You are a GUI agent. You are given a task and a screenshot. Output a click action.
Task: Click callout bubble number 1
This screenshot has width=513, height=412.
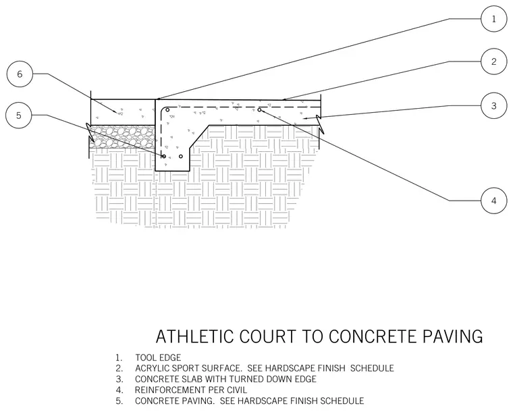pos(494,19)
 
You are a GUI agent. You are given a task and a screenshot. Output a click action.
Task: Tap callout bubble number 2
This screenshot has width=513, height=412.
pos(494,61)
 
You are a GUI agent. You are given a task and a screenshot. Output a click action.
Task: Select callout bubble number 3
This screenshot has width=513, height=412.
pos(494,105)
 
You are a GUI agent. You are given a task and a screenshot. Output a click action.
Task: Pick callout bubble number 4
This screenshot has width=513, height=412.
pos(494,201)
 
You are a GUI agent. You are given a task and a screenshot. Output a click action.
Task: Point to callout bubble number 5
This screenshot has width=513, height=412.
pos(19,115)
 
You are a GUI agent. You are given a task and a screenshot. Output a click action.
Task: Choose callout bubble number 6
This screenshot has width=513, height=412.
pos(20,74)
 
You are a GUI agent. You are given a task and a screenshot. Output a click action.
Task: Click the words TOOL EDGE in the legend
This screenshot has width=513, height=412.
pos(158,358)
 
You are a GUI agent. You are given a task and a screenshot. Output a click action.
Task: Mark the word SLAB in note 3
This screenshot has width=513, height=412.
pos(192,380)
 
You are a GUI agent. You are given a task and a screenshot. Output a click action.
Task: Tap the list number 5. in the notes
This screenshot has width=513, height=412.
pos(119,401)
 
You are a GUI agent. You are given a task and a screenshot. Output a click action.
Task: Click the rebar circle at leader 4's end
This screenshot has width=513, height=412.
pos(259,110)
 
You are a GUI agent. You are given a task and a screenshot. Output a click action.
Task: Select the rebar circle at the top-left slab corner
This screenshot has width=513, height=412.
pos(167,110)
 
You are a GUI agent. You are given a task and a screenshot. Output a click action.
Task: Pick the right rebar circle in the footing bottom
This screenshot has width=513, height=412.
pos(181,157)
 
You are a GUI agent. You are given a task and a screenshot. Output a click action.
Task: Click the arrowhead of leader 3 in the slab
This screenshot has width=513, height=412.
pos(305,118)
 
